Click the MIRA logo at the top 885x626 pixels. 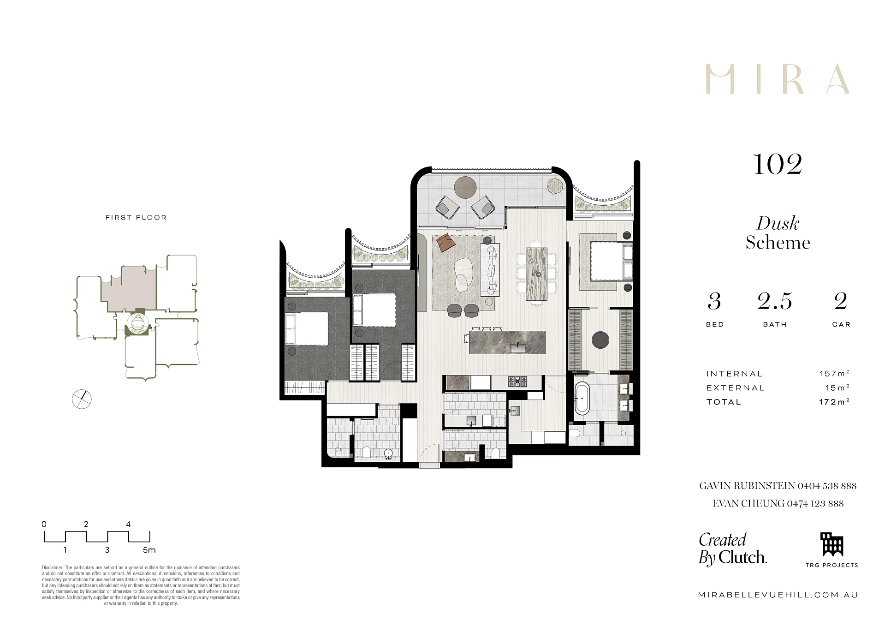tap(778, 79)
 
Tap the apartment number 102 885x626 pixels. tap(778, 164)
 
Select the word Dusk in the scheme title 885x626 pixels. tap(778, 224)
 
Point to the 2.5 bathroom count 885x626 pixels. tap(775, 301)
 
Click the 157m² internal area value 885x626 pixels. tap(834, 374)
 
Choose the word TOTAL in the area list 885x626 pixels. tap(724, 402)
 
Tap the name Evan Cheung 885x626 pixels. tap(748, 504)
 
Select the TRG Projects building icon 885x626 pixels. tap(832, 545)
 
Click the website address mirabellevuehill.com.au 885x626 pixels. tap(778, 595)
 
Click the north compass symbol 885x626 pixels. tap(82, 399)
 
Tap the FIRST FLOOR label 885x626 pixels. tap(136, 217)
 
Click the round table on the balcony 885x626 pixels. tap(465, 187)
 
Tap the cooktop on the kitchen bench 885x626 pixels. tap(517, 382)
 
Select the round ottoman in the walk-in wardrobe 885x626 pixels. tap(600, 340)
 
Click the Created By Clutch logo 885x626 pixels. tap(733, 549)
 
